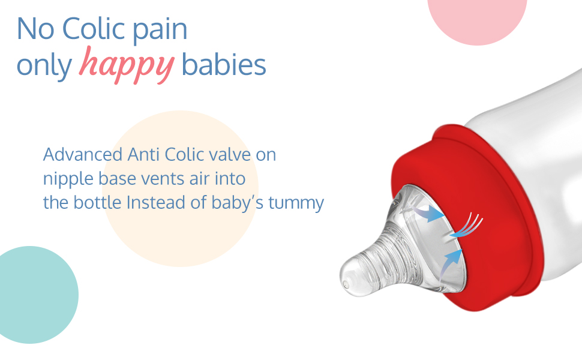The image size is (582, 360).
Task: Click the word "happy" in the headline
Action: (x=127, y=65)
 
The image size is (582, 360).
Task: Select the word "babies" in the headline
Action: (x=224, y=64)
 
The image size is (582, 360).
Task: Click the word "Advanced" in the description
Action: (x=83, y=154)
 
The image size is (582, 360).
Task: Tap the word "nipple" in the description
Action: (x=68, y=179)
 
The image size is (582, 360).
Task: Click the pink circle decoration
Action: (x=478, y=19)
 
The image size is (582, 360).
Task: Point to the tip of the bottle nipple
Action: (x=345, y=284)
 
